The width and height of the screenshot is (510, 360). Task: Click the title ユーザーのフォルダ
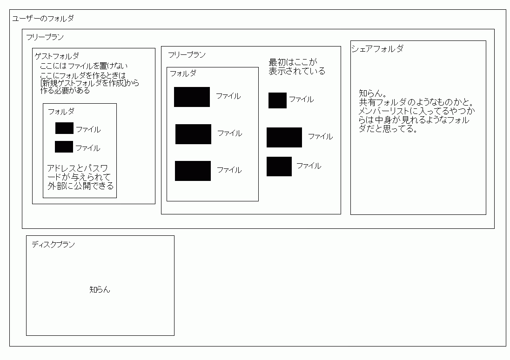pyautogui.click(x=42, y=19)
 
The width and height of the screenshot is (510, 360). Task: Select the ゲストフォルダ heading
pyautogui.click(x=57, y=56)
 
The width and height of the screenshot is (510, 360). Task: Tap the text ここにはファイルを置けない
pyautogui.click(x=84, y=67)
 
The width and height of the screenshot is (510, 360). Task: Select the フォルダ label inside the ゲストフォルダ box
pyautogui.click(x=61, y=112)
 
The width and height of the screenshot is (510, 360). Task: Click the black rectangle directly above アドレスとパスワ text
pyautogui.click(x=64, y=147)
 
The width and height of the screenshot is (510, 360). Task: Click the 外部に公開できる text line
pyautogui.click(x=80, y=186)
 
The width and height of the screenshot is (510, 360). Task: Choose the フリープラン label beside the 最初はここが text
pyautogui.click(x=187, y=55)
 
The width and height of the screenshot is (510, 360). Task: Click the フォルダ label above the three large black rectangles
pyautogui.click(x=183, y=73)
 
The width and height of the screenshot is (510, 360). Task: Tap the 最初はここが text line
pyautogui.click(x=293, y=62)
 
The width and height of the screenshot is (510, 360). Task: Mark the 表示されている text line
pyautogui.click(x=297, y=71)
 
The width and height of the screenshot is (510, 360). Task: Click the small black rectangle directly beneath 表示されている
pyautogui.click(x=277, y=100)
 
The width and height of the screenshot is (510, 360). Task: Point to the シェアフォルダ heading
pyautogui.click(x=377, y=48)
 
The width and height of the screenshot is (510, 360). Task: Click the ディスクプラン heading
pyautogui.click(x=53, y=244)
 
